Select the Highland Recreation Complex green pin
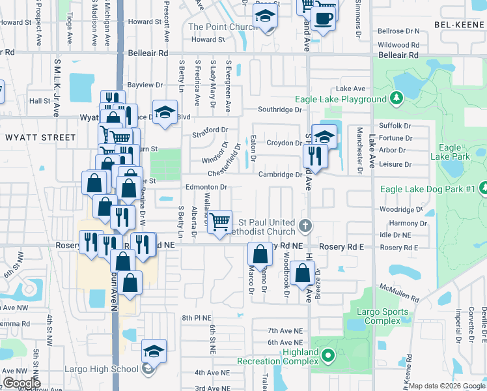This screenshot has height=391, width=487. tap(328, 356)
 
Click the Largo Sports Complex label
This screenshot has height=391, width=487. tap(378, 316)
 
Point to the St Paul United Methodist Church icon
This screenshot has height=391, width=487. tap(305, 227)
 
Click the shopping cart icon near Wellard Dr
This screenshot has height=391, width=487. tap(219, 221)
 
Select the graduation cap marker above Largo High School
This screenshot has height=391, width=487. tap(154, 351)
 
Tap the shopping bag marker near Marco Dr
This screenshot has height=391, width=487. tap(260, 254)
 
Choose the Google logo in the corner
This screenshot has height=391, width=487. tap(22, 383)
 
